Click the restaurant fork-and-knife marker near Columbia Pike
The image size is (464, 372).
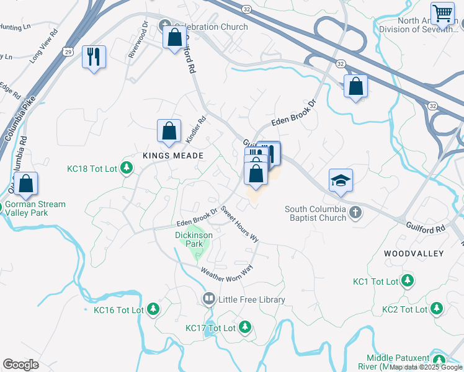pyautogui.click(x=94, y=57)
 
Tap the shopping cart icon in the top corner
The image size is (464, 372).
pyautogui.click(x=442, y=13)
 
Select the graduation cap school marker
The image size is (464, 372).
pyautogui.click(x=341, y=180)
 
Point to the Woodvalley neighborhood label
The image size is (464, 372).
pyautogui.click(x=413, y=254)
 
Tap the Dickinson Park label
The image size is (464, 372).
pyautogui.click(x=194, y=239)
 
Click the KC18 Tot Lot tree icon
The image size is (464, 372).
pyautogui.click(x=127, y=167)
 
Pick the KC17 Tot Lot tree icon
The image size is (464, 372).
pyautogui.click(x=245, y=327)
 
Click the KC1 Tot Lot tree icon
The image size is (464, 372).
pyautogui.click(x=407, y=281)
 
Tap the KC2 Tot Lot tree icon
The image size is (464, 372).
pyautogui.click(x=437, y=308)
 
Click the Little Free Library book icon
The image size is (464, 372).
pyautogui.click(x=208, y=299)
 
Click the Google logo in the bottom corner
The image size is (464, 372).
pyautogui.click(x=20, y=365)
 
